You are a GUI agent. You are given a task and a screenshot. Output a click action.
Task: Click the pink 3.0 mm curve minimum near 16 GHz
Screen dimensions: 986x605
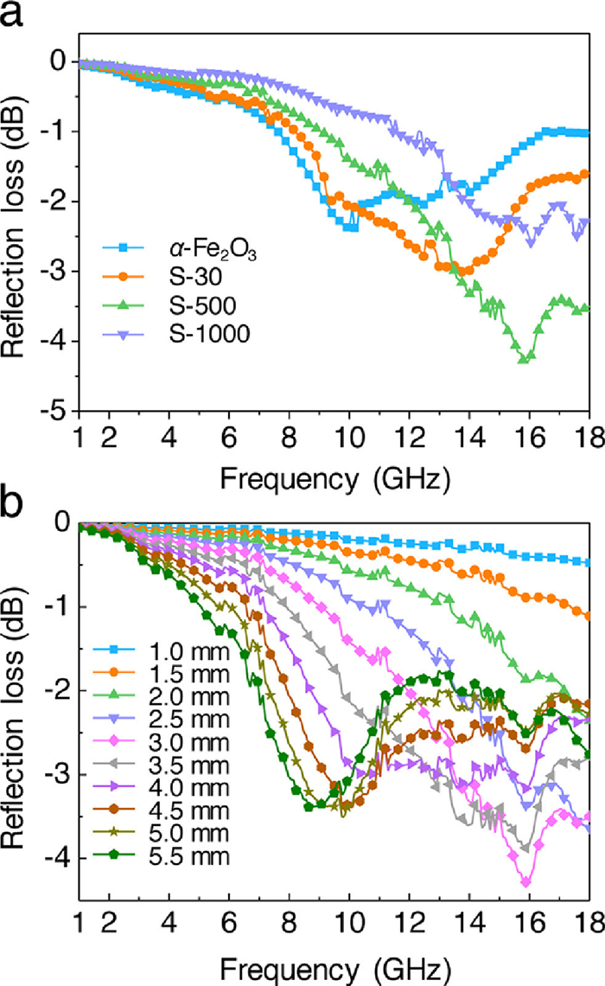pos(525,881)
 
